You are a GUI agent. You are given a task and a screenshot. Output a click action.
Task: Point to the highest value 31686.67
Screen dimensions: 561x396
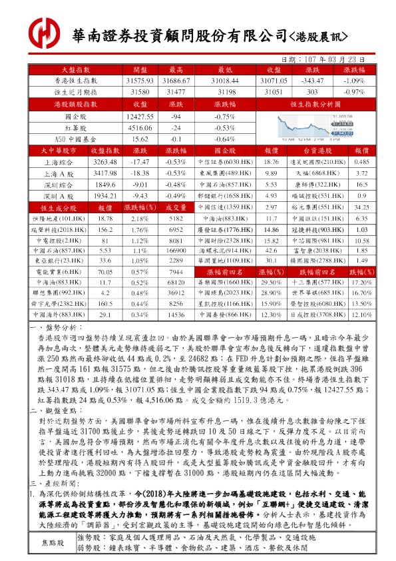point(177,79)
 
